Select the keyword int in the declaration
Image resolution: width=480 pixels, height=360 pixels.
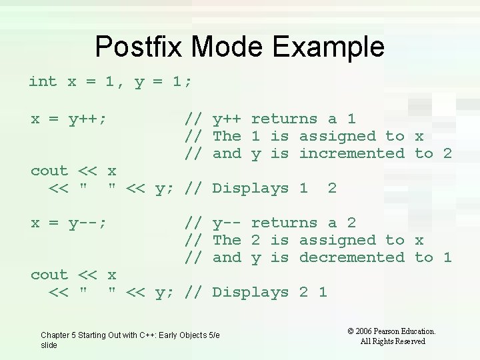click(x=43, y=81)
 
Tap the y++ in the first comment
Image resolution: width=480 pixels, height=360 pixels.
click(x=227, y=119)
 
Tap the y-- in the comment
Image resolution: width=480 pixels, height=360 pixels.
click(x=227, y=223)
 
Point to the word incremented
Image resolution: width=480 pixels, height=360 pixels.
click(x=351, y=153)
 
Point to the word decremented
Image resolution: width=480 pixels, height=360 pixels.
click(x=351, y=257)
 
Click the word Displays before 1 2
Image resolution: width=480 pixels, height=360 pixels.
click(x=250, y=189)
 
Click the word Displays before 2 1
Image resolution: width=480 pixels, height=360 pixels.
click(x=250, y=293)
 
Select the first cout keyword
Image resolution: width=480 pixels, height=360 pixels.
click(x=49, y=171)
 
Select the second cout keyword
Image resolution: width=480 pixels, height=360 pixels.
click(x=49, y=275)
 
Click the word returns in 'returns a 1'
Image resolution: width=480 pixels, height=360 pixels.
click(x=284, y=119)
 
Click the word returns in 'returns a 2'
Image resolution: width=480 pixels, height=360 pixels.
click(x=284, y=223)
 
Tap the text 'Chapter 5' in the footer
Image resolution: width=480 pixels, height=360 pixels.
click(x=59, y=335)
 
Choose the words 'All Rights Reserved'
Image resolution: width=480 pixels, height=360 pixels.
click(x=392, y=341)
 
